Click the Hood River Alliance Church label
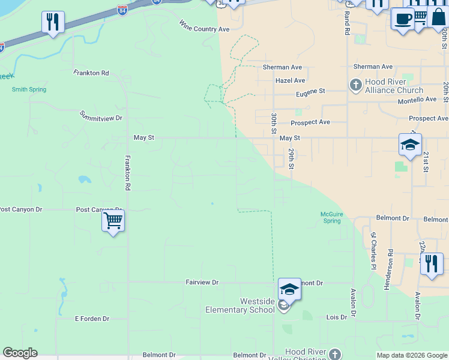(x=394, y=86)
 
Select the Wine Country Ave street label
(x=204, y=26)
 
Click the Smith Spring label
(x=29, y=89)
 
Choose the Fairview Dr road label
(x=202, y=282)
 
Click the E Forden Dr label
(x=92, y=319)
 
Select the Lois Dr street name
(x=336, y=317)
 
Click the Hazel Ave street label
(x=290, y=80)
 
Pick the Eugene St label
(x=310, y=91)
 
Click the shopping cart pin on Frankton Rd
(x=113, y=221)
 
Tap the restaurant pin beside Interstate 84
(x=53, y=22)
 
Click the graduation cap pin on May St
(x=410, y=145)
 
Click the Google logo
(x=20, y=353)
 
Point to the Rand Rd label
(x=347, y=24)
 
